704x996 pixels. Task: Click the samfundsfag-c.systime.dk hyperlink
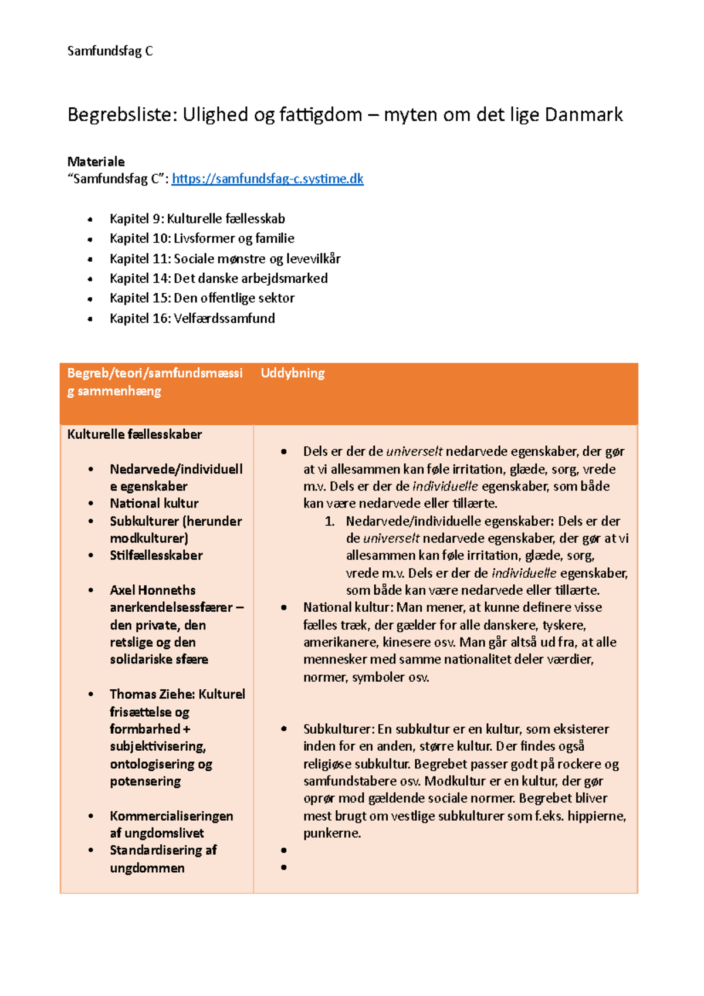point(268,179)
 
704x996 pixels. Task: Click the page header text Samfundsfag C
point(110,51)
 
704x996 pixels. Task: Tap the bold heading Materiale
point(96,161)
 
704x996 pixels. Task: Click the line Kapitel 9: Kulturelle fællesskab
point(197,219)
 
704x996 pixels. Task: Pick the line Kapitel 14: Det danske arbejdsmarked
point(218,278)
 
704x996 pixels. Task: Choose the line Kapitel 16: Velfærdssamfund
point(192,318)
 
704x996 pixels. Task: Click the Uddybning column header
point(292,373)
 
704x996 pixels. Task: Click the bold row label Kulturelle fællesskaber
point(134,434)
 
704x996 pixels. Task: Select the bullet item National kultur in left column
point(154,503)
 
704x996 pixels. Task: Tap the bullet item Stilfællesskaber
point(156,555)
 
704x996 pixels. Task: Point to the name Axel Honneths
point(153,590)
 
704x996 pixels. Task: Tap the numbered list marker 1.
point(330,521)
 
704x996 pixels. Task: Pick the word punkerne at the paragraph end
point(331,833)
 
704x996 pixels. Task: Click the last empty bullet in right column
point(284,867)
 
